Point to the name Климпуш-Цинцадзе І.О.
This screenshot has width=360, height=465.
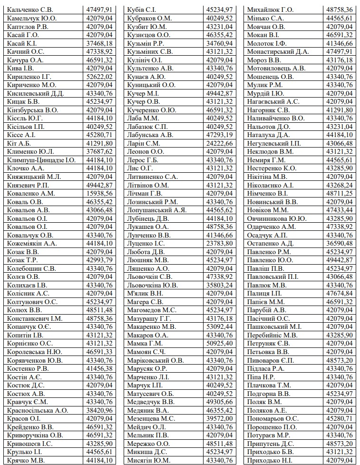(x=41, y=160)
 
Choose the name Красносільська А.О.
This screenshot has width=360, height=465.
(x=38, y=410)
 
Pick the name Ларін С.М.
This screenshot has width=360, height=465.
(x=144, y=143)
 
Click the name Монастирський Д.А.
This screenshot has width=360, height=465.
(x=278, y=51)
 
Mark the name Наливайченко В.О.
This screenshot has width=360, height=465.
(x=276, y=118)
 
